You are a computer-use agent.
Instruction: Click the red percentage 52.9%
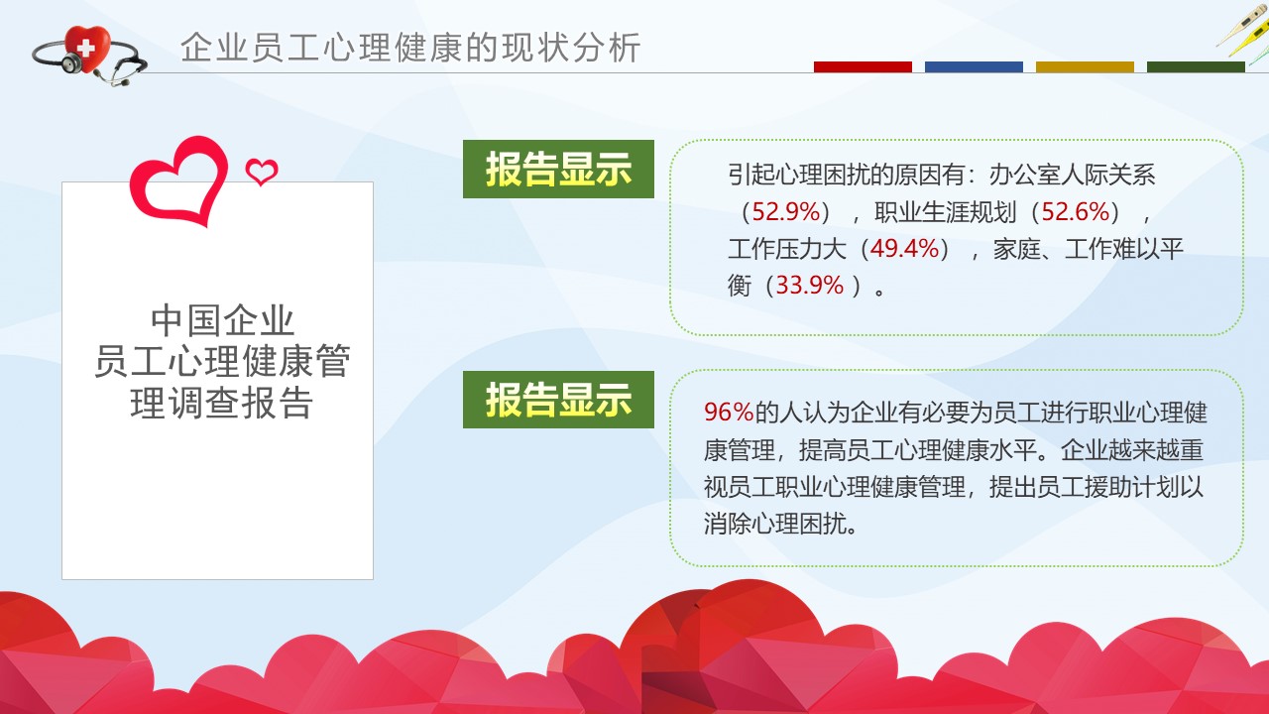point(786,212)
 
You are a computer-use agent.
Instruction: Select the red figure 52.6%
point(1076,212)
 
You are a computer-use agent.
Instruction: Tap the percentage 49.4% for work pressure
point(905,249)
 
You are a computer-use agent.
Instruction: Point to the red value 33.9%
point(810,285)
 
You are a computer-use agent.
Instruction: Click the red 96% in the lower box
point(729,412)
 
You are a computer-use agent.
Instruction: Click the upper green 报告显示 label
point(558,169)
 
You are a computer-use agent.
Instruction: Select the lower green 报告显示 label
point(558,400)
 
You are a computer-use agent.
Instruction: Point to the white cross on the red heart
point(85,48)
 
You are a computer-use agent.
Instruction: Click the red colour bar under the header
point(863,66)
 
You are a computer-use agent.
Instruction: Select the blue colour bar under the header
point(974,66)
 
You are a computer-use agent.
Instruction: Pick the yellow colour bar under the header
point(1085,66)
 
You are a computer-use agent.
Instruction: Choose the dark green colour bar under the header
point(1196,66)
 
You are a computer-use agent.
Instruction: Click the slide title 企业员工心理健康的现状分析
point(410,47)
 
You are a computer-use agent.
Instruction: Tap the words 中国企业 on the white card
point(222,320)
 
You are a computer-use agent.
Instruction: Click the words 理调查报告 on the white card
point(221,403)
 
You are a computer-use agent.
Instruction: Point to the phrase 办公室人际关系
point(1072,175)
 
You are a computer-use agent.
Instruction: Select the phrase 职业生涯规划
point(946,212)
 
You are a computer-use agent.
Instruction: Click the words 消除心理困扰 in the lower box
point(775,524)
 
